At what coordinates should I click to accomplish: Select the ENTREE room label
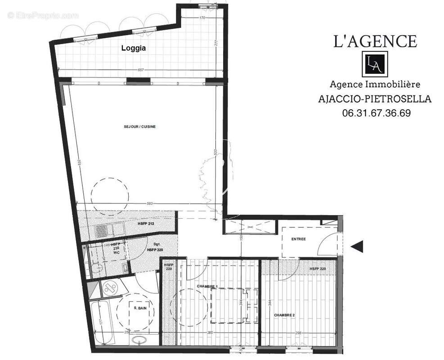(298, 239)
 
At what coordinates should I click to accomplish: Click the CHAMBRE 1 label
(207, 287)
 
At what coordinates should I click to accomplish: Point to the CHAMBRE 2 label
(284, 315)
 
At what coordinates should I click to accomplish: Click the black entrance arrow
(357, 246)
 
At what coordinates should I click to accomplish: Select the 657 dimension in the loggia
(141, 70)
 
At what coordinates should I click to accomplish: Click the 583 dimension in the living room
(150, 204)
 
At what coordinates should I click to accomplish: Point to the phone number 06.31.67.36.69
(376, 113)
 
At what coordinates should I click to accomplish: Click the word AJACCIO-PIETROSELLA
(375, 99)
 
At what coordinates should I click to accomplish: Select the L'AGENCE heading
(374, 41)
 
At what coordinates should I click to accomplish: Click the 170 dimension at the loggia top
(202, 18)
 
